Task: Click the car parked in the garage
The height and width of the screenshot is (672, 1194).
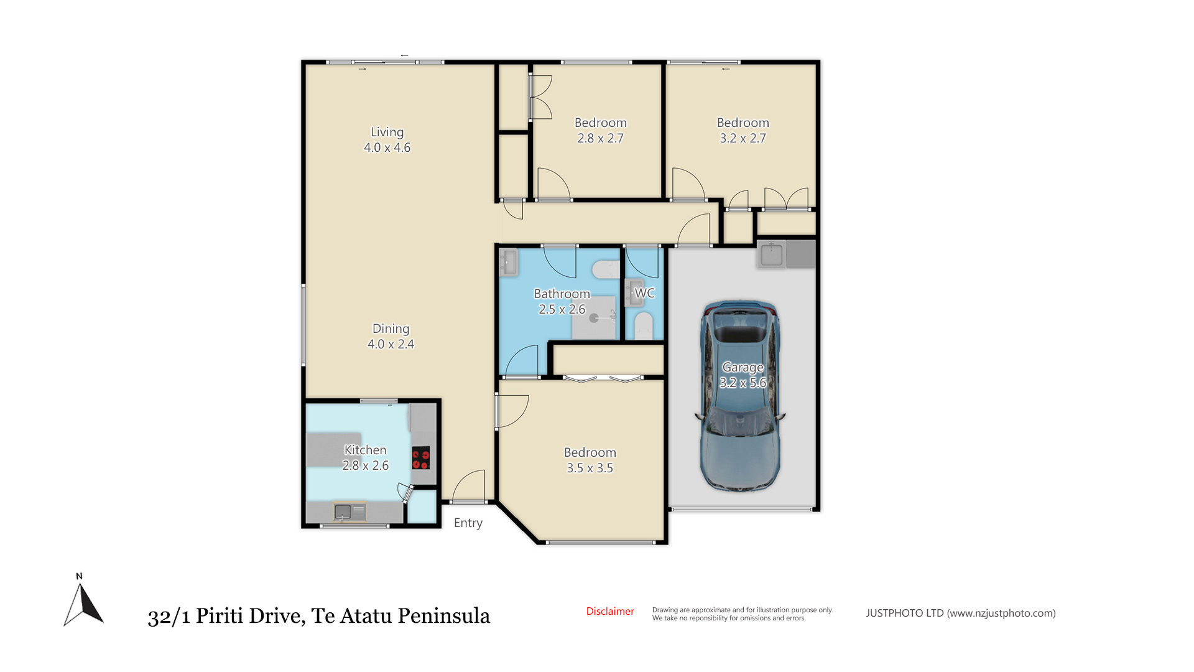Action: [x=740, y=397]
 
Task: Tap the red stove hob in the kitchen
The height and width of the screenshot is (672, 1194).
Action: [x=421, y=458]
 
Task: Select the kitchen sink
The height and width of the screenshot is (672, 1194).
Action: [x=343, y=512]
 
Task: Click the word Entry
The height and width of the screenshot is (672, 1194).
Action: [x=468, y=523]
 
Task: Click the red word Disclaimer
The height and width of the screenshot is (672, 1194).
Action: [x=610, y=612]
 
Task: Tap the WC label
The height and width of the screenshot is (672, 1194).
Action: [x=644, y=293]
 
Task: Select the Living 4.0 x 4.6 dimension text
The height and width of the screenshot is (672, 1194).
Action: [x=387, y=148]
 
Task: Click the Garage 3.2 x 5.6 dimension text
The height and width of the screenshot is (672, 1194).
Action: [x=743, y=383]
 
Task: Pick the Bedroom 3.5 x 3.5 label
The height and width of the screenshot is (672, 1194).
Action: [x=590, y=460]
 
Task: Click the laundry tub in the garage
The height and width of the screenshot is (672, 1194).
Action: [x=771, y=254]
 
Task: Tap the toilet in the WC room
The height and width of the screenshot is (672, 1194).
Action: [x=643, y=325]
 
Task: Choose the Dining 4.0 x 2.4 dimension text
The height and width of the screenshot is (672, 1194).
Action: [x=391, y=344]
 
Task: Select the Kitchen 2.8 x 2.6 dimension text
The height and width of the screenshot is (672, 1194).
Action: [x=366, y=465]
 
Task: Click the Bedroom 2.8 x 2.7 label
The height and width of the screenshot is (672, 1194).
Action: [x=601, y=131]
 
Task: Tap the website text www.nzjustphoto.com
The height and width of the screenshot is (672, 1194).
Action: [x=1001, y=614]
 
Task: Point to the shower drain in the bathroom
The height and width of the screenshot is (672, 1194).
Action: [x=594, y=318]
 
